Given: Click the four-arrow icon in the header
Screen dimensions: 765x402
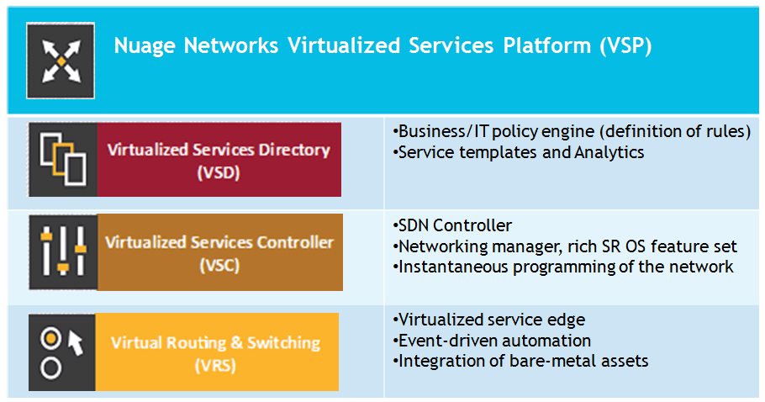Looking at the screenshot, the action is coord(61,61).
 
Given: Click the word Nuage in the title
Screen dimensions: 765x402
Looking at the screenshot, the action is coord(145,46).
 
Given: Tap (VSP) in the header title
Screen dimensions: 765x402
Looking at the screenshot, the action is coord(626,46).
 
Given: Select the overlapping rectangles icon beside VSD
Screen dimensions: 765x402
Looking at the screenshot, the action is coord(63,160).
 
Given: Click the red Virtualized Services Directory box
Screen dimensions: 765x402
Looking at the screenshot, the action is coord(219,160).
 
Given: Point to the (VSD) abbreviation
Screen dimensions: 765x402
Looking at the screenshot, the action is coord(219,172).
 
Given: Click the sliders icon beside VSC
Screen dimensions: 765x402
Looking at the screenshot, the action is coord(63,251).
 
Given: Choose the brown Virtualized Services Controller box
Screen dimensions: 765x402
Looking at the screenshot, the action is coord(220,252).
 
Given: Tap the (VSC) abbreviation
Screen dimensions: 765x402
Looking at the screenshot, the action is coord(219,266).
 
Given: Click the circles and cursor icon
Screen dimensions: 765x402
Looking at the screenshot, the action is coord(62,352).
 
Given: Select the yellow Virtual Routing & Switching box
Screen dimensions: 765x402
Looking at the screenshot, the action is coord(217,352).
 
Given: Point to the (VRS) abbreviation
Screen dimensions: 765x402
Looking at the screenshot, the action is coord(215,365).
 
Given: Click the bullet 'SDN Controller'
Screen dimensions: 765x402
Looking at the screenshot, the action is coord(452,225).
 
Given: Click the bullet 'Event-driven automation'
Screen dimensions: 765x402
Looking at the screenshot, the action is coord(492,340).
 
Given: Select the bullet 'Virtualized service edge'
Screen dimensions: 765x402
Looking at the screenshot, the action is coord(489,320).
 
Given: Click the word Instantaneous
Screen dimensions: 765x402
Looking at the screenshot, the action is coord(453,267).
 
